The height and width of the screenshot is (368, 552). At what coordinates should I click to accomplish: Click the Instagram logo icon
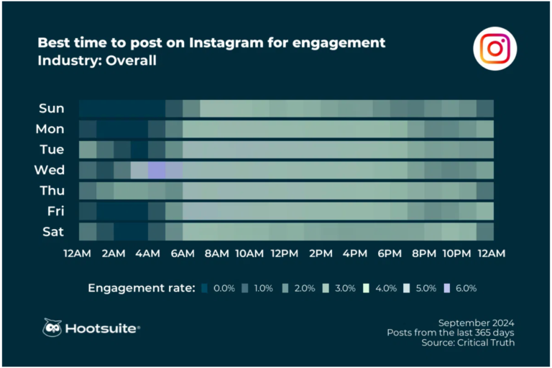click(495, 48)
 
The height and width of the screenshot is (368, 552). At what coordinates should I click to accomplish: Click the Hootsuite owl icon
click(52, 328)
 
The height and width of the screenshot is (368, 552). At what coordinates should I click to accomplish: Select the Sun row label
click(51, 109)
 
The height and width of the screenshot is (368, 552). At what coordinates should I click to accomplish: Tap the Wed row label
click(50, 170)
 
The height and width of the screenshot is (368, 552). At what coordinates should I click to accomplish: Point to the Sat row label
click(52, 231)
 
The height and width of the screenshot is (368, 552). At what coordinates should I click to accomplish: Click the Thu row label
click(51, 191)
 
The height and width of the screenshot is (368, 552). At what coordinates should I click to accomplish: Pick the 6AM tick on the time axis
click(182, 253)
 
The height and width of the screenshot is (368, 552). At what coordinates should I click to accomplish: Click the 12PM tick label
click(284, 253)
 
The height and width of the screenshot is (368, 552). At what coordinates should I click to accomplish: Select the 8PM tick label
click(424, 253)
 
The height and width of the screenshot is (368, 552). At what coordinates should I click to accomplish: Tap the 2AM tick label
click(112, 253)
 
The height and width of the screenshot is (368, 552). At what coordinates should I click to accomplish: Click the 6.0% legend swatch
click(449, 288)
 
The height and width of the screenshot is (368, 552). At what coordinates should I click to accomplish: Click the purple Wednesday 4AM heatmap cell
click(156, 170)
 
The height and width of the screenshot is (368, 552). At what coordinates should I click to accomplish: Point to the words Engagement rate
click(141, 288)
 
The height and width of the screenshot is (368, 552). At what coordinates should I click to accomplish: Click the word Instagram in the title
click(228, 42)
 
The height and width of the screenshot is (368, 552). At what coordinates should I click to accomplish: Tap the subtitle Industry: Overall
click(97, 60)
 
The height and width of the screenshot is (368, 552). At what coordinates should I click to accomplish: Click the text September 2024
click(476, 322)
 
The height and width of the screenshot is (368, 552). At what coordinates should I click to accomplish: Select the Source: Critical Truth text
click(468, 343)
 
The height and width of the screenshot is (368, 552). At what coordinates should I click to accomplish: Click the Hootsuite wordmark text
click(102, 328)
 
